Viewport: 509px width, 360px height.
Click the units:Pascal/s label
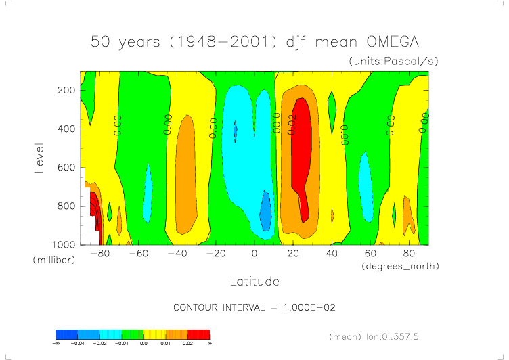pyautogui.click(x=394, y=62)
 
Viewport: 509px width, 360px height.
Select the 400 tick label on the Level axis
pyautogui.click(x=67, y=129)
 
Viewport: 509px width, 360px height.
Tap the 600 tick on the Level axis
pyautogui.click(x=67, y=167)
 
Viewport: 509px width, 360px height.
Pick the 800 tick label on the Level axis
pyautogui.click(x=67, y=206)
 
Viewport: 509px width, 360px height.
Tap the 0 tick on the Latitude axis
pyautogui.click(x=255, y=254)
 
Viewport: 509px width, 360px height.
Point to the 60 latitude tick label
pyautogui.click(x=371, y=254)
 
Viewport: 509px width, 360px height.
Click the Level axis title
pyautogui.click(x=40, y=157)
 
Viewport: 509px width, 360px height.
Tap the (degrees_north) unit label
pyautogui.click(x=401, y=266)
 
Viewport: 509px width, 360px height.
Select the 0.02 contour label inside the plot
pyautogui.click(x=292, y=125)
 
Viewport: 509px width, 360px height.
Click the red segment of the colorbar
pyautogui.click(x=199, y=334)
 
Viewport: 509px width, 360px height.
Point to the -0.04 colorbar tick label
pyautogui.click(x=78, y=344)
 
